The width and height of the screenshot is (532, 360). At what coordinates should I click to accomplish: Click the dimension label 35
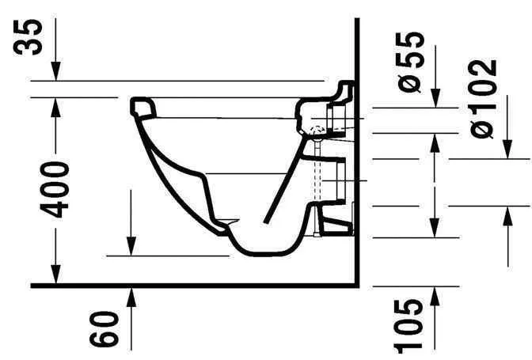coord(28,36)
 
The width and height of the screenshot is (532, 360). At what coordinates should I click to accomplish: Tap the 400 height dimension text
coord(55,189)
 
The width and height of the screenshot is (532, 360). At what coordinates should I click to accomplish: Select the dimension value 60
coord(104,329)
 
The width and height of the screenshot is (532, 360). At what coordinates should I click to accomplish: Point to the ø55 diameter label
coord(411,62)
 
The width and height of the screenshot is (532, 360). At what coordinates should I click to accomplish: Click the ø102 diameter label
coord(483,99)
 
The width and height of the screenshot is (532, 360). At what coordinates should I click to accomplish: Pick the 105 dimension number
coord(408,326)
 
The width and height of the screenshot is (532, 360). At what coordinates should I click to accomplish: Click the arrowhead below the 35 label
coord(55,71)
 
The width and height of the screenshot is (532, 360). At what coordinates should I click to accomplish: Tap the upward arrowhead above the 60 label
coord(131,297)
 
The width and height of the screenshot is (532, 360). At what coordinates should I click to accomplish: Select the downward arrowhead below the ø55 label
coord(435,98)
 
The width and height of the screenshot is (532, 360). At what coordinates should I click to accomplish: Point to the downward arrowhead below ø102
coord(507,150)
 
